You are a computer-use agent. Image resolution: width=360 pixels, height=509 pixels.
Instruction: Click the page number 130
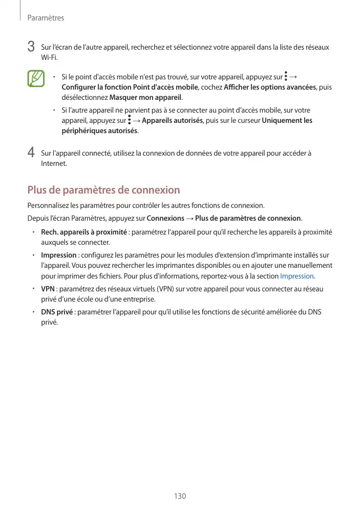click(180, 496)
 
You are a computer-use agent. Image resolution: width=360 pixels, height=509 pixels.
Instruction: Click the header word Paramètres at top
click(46, 18)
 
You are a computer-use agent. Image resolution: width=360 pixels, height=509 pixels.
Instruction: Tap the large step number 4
click(31, 153)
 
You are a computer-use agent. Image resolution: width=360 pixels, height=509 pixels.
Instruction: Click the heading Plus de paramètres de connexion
click(103, 190)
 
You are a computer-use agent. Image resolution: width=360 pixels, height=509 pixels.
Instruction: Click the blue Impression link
click(297, 276)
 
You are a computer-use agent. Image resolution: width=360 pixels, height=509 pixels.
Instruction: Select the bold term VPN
click(48, 289)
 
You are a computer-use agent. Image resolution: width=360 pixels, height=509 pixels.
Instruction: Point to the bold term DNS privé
click(57, 312)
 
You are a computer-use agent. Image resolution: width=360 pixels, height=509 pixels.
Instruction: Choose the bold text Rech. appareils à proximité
click(83, 232)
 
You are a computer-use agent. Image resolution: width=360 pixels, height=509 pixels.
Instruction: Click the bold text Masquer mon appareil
click(146, 97)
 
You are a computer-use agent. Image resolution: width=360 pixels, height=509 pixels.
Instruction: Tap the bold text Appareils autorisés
click(172, 121)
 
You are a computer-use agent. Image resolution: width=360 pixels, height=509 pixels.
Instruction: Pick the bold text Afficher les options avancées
click(270, 87)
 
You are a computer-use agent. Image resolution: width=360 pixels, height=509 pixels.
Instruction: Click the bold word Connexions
click(165, 219)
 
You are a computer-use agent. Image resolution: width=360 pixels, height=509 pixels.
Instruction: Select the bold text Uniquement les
click(287, 121)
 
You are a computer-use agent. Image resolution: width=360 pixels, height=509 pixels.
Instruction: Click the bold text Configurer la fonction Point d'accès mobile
click(126, 87)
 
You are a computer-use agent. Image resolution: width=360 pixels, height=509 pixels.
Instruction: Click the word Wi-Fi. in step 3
click(48, 57)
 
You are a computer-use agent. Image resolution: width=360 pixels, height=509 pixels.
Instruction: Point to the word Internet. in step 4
click(54, 163)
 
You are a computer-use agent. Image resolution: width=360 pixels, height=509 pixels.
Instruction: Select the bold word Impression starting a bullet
click(58, 255)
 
